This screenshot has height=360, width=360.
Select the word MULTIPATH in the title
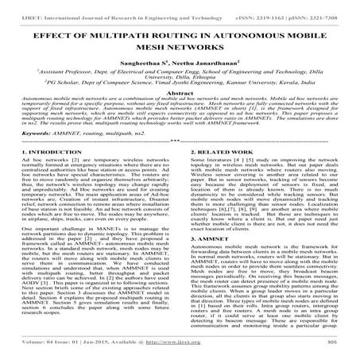126,36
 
